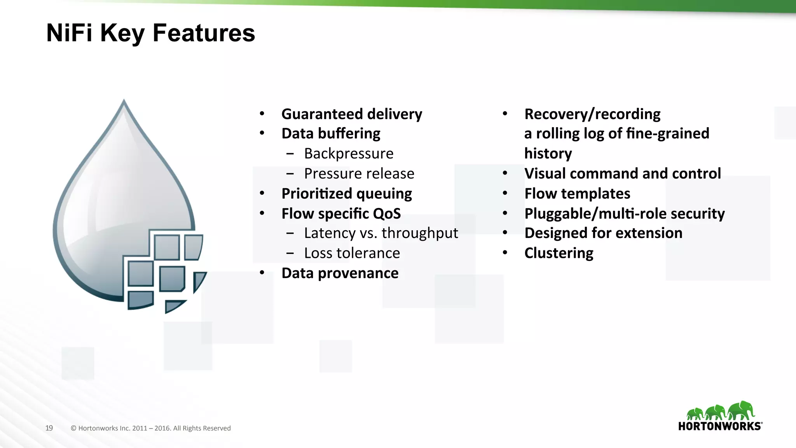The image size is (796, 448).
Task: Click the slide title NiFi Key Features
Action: (150, 33)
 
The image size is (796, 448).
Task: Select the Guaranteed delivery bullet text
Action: (351, 114)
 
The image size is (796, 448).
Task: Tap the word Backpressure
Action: (349, 154)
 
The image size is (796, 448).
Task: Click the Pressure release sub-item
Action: (359, 173)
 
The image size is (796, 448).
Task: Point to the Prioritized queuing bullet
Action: (346, 194)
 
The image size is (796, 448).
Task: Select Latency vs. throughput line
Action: (381, 233)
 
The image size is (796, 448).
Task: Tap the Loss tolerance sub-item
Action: (352, 253)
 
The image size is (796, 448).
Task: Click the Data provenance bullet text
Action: (340, 273)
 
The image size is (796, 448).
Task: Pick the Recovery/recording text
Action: (592, 114)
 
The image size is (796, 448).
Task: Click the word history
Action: (548, 154)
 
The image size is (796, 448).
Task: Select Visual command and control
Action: (622, 173)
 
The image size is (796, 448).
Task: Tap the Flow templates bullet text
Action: (577, 194)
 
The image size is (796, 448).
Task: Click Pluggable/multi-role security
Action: (624, 213)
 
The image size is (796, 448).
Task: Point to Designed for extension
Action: (603, 233)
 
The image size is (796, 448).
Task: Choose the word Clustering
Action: (559, 253)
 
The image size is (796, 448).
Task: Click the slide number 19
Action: (49, 428)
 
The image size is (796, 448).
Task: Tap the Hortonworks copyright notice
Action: (151, 428)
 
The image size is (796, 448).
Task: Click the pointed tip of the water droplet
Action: (124, 102)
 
